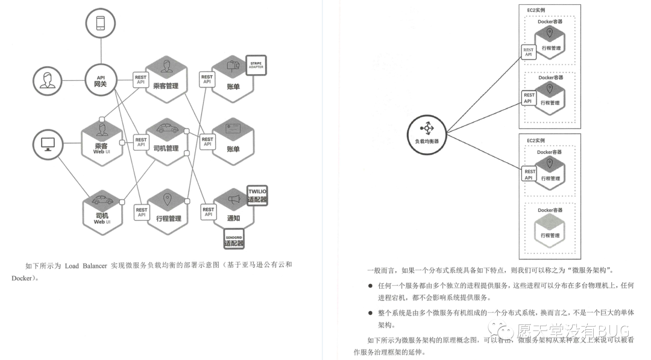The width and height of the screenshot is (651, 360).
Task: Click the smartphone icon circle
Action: tap(101, 24)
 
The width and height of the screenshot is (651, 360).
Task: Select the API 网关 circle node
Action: tap(101, 81)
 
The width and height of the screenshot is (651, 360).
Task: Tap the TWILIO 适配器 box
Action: tap(257, 195)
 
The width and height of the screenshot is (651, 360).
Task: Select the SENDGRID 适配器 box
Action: tap(234, 238)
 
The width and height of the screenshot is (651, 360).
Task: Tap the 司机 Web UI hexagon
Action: tap(101, 211)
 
